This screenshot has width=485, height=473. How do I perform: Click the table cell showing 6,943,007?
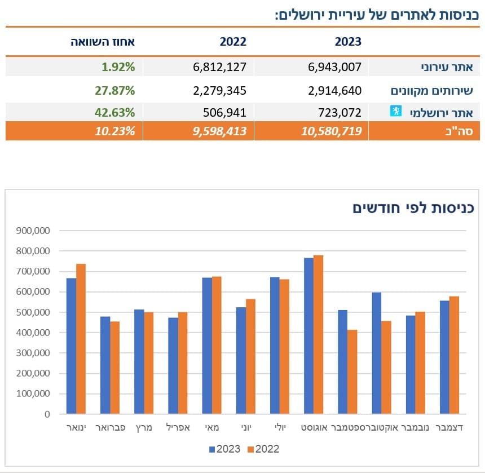click(x=334, y=67)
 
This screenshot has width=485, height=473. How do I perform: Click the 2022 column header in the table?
click(x=233, y=42)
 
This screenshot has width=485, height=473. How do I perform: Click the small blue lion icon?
click(x=395, y=110)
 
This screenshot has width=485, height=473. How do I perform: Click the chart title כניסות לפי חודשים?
click(x=413, y=207)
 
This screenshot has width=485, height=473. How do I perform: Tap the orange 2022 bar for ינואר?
click(x=81, y=338)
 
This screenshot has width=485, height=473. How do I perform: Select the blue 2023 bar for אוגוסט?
click(x=308, y=335)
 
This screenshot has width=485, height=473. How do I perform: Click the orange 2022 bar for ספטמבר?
click(x=352, y=372)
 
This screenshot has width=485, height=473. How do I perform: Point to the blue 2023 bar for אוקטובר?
click(x=376, y=352)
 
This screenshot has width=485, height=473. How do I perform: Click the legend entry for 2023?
click(x=224, y=449)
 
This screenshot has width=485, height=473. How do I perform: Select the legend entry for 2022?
click(x=263, y=449)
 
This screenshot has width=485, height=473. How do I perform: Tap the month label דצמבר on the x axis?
click(x=450, y=428)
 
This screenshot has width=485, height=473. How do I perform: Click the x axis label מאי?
click(x=212, y=428)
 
